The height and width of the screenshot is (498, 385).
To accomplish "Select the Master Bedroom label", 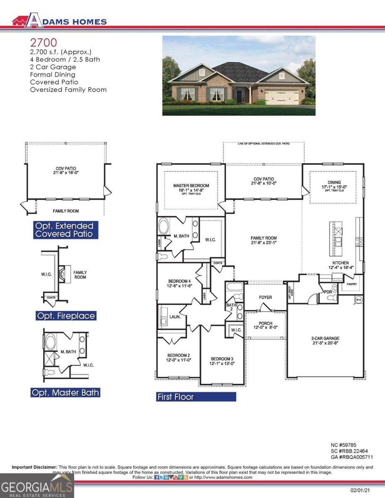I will (x=191, y=186).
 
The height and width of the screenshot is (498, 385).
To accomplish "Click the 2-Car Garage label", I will (x=325, y=338).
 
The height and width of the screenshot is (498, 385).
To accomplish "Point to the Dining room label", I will (x=334, y=182).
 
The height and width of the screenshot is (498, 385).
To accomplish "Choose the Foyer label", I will (x=265, y=297).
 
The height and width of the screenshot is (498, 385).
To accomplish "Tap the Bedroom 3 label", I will (x=222, y=359).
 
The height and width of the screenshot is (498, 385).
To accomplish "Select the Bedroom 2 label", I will (x=179, y=355).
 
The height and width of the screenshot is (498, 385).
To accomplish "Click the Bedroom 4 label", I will (x=179, y=281).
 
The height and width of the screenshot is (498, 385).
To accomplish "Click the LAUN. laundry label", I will (x=175, y=317).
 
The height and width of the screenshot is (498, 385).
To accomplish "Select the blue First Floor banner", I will (x=196, y=397).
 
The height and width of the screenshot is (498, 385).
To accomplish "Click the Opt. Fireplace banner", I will (x=66, y=316).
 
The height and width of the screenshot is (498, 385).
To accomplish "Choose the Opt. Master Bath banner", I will (x=65, y=392).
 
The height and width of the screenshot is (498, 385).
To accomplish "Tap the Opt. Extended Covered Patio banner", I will (x=66, y=230).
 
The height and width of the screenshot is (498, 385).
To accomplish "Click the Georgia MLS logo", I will (x=37, y=485).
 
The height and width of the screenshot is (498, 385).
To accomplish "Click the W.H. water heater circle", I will (x=358, y=299).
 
